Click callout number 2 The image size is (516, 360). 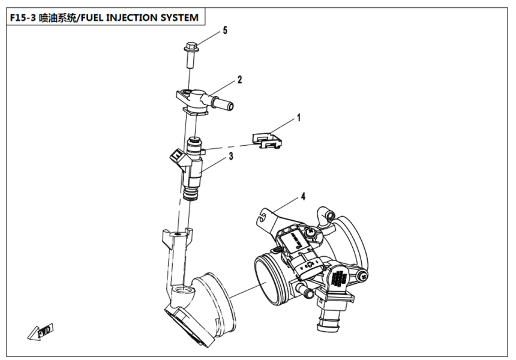239,79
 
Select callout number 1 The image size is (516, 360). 298,119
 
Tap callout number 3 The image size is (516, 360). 230,157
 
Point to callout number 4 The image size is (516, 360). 304,196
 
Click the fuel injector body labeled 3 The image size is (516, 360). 194,168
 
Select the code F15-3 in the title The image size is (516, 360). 22,17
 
